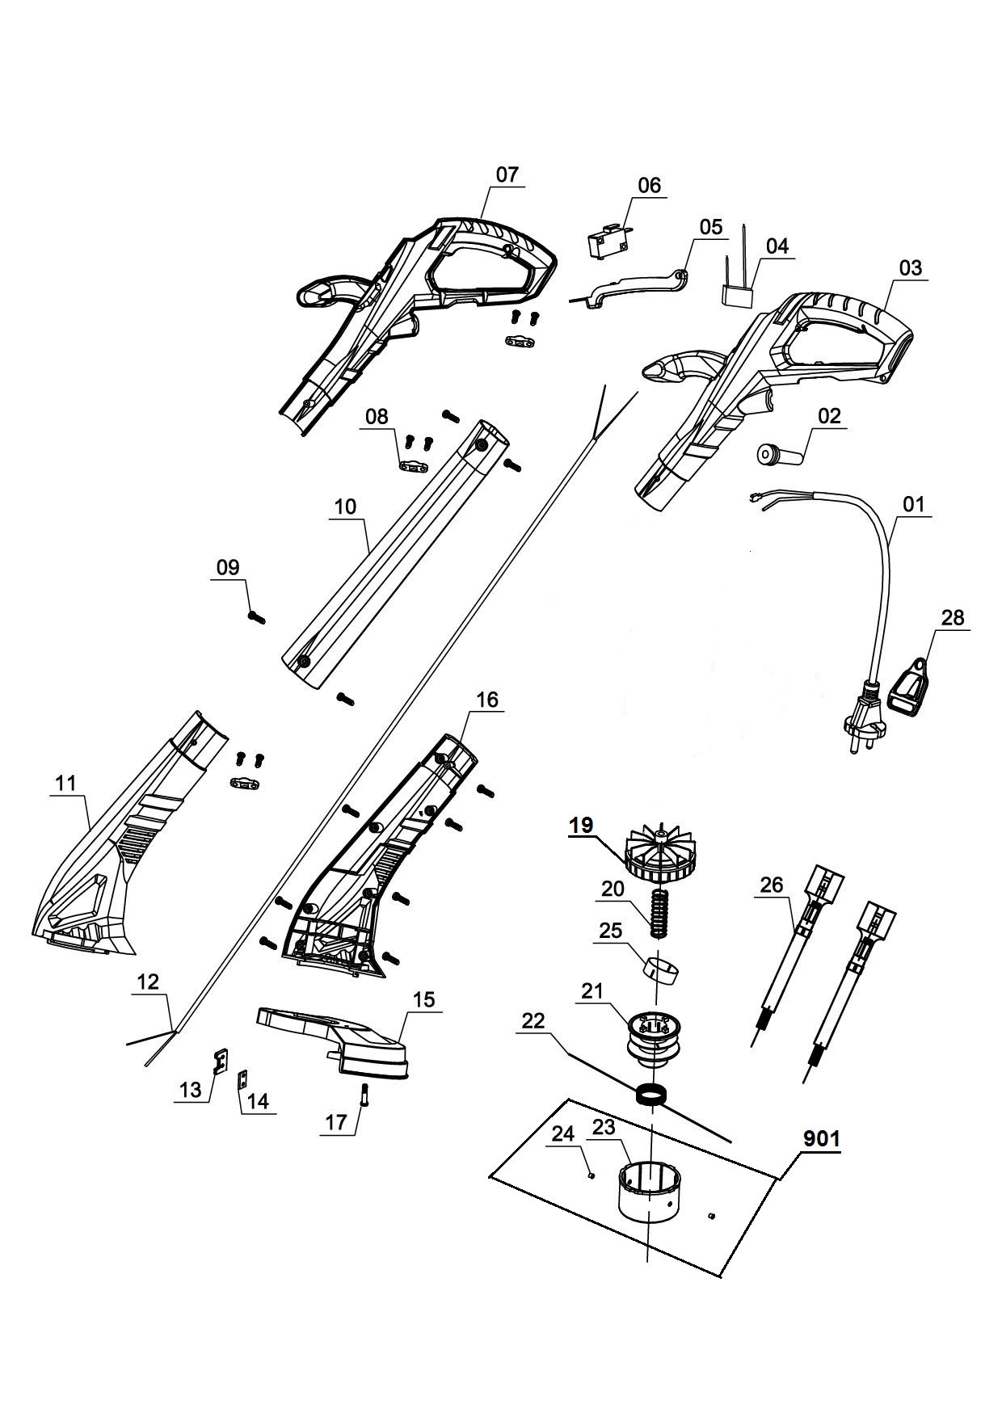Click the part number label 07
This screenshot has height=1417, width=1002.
tap(507, 174)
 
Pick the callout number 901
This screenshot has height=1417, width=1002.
tap(821, 1138)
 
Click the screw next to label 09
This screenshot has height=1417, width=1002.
tap(257, 617)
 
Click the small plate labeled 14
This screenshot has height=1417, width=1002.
tap(242, 1080)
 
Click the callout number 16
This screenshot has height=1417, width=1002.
tap(488, 699)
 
